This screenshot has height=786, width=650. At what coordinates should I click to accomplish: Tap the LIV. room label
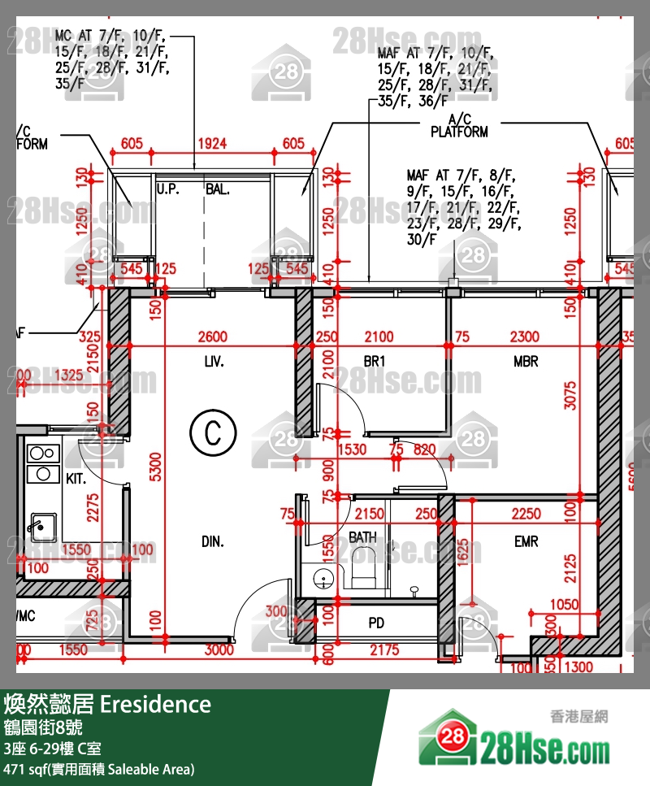[214, 361]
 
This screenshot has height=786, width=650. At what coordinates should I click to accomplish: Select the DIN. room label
[213, 541]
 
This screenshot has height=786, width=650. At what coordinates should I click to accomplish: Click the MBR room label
[526, 361]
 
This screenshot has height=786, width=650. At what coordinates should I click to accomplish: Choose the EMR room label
[526, 541]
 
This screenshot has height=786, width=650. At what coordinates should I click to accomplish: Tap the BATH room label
[362, 537]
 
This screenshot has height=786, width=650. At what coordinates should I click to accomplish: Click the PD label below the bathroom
[376, 623]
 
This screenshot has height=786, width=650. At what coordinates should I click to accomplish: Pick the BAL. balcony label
[218, 189]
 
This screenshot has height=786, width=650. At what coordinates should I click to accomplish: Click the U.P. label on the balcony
[167, 189]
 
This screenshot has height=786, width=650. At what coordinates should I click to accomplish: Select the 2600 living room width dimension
[213, 337]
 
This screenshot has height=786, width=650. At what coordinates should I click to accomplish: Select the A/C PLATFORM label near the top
[459, 126]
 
